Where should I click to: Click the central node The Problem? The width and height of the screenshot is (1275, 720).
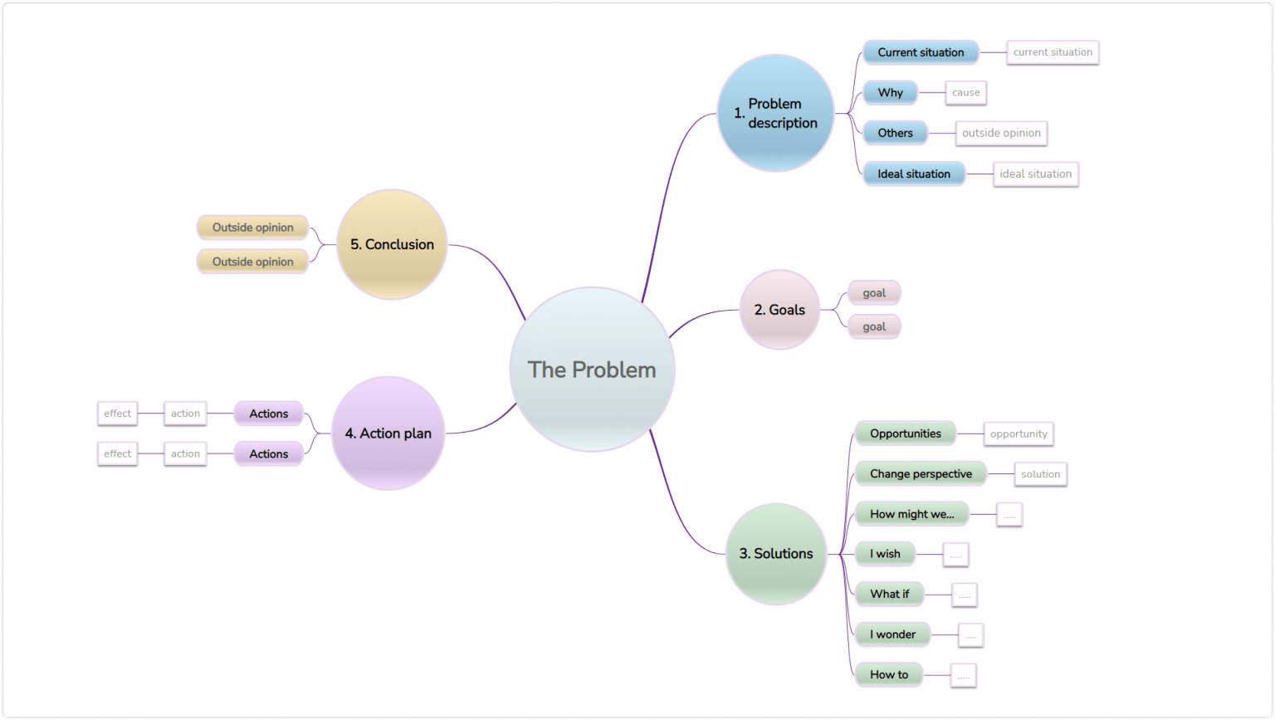(x=592, y=370)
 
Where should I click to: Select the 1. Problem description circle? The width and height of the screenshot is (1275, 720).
(x=775, y=113)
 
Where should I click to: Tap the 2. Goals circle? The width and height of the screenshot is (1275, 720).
(x=779, y=310)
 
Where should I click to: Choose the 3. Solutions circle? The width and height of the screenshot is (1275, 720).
(x=776, y=553)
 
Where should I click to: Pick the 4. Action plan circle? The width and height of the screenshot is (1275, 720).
(x=388, y=433)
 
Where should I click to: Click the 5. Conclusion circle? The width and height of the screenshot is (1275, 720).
(x=392, y=244)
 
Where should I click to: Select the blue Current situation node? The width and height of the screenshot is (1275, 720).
(x=921, y=52)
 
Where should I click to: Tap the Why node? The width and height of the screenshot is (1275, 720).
(x=890, y=92)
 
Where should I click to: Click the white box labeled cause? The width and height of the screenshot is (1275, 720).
(x=965, y=92)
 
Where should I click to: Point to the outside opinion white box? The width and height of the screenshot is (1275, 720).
(x=1001, y=133)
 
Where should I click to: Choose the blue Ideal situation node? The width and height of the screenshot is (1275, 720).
(x=914, y=174)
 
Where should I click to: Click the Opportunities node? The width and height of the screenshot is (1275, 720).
(x=905, y=433)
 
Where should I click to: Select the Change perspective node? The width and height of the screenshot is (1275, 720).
(x=921, y=473)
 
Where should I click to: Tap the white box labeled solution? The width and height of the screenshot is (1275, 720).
(x=1040, y=474)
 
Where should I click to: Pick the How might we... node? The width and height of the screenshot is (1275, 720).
(x=911, y=514)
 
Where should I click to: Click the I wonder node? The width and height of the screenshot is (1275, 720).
(x=892, y=634)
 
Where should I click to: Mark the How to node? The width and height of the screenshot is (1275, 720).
(x=889, y=674)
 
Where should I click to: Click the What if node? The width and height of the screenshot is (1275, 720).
(x=889, y=594)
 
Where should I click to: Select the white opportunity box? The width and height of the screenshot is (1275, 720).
(x=1019, y=433)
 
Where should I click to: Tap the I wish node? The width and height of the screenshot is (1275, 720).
(x=885, y=554)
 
